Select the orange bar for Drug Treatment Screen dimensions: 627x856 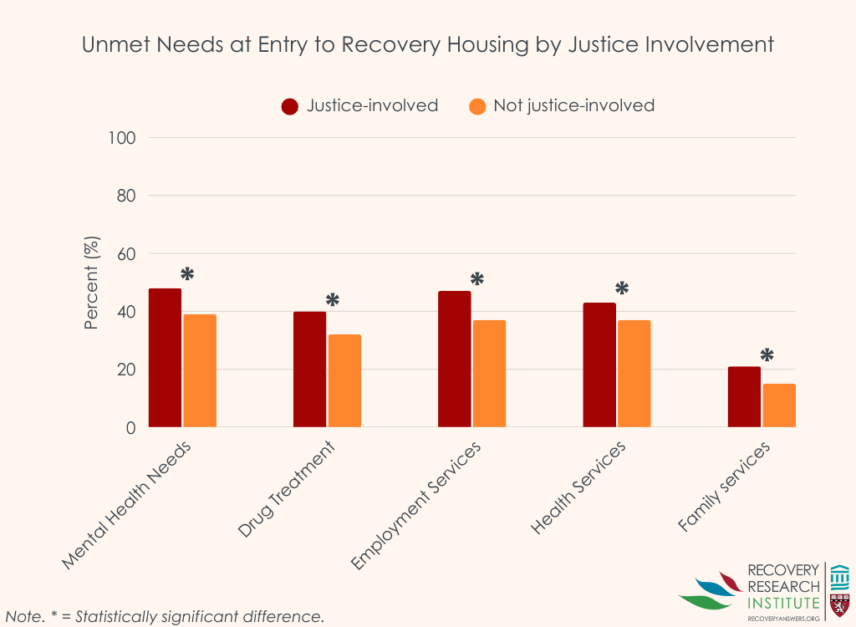pos(344,381)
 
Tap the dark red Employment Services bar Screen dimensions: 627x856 pos(454,359)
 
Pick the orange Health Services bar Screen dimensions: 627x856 pos(634,374)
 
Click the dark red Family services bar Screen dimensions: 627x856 pos(744,397)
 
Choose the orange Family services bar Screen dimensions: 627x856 pos(779,405)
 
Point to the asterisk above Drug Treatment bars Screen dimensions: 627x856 pos(333,300)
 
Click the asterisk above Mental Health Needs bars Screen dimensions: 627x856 pos(187,274)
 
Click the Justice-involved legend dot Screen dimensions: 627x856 pos(291,106)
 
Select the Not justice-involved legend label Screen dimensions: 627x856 pos(573,105)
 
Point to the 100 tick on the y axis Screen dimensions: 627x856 pos(122,137)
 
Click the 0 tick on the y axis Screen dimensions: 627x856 pos(130,428)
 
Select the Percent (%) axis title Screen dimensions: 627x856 pos(92,283)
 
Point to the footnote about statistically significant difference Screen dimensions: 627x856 pos(165,617)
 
